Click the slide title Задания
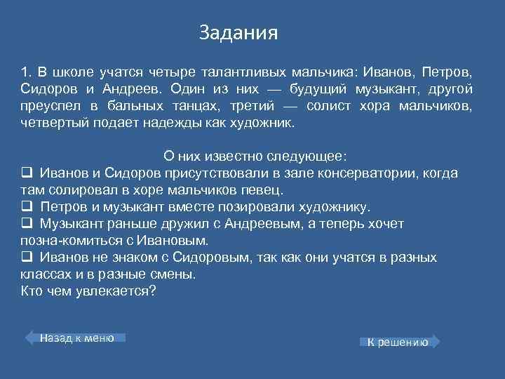[x=238, y=33]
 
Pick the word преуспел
[x=46, y=106]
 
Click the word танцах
[x=210, y=106]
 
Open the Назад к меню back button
[x=76, y=338]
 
